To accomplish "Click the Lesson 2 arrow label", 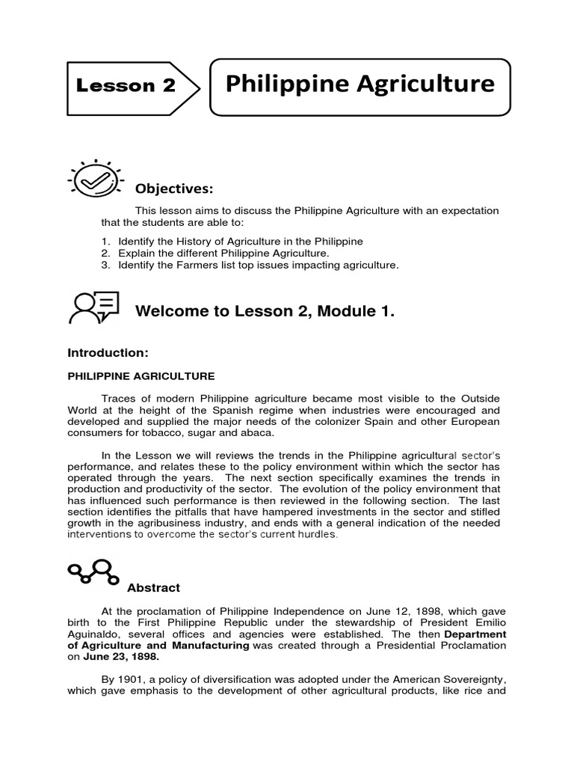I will click(x=127, y=85).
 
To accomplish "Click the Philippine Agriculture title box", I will click(x=359, y=84).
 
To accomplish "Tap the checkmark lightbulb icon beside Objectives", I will click(x=95, y=180).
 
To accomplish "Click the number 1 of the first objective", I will click(x=105, y=242).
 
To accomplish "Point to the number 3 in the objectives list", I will click(x=105, y=266).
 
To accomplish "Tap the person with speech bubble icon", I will click(x=93, y=307).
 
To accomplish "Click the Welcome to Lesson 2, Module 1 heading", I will click(x=264, y=312).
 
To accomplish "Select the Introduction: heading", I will click(x=108, y=352).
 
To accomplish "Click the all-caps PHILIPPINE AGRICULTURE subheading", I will click(x=141, y=376).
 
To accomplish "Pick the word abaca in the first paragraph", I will click(x=259, y=433).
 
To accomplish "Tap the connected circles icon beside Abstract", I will click(x=93, y=572).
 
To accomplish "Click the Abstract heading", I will click(x=153, y=588).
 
